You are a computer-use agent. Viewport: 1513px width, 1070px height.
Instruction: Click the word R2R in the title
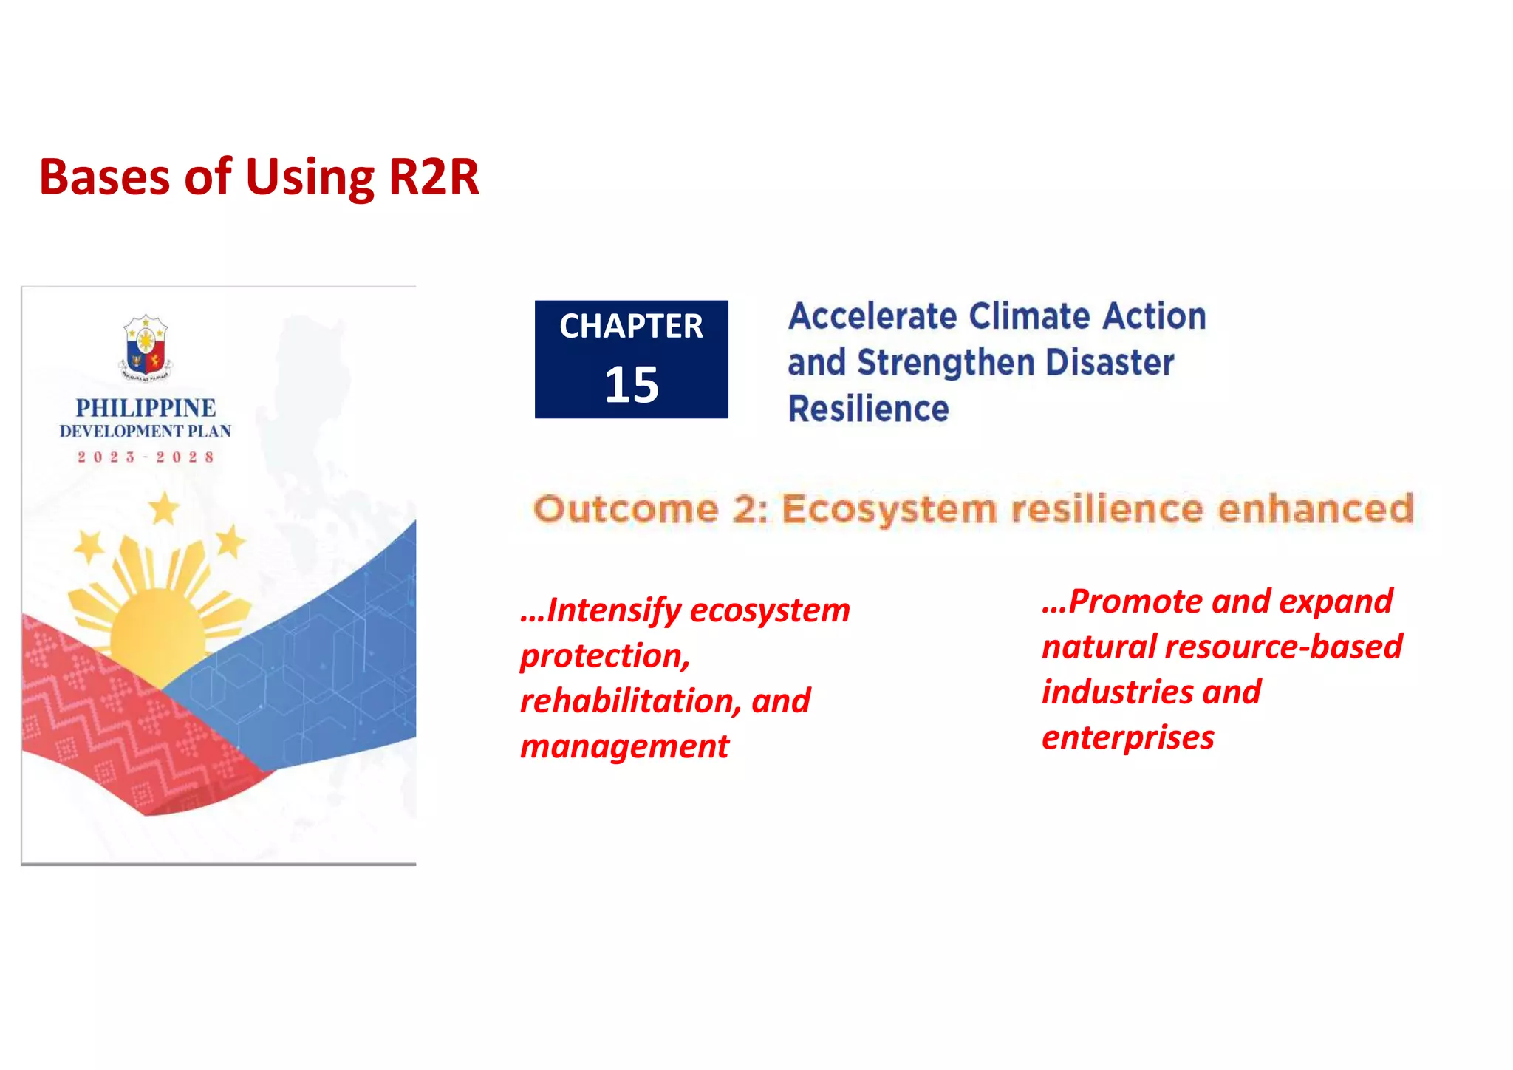click(x=434, y=177)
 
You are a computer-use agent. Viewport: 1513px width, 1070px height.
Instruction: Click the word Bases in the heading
click(x=104, y=177)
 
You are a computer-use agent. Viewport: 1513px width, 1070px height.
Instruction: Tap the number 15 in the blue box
click(x=631, y=385)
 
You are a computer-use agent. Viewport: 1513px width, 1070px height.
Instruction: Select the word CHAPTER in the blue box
click(x=631, y=327)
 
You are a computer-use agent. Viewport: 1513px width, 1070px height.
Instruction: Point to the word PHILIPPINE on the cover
click(x=146, y=408)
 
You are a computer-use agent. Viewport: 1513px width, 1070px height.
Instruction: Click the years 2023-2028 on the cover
click(x=146, y=457)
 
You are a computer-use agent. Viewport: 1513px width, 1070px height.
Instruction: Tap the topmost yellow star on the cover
click(x=164, y=509)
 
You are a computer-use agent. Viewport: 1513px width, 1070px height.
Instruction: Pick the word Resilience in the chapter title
click(x=868, y=409)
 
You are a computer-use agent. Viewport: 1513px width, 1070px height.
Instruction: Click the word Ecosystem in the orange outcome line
click(x=889, y=510)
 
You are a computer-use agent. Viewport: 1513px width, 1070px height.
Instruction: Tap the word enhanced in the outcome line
click(x=1315, y=510)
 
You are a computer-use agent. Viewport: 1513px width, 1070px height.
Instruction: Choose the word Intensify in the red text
click(x=613, y=611)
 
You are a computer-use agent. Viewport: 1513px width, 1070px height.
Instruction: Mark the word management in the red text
click(x=624, y=746)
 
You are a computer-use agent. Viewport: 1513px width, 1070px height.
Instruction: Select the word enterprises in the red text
click(x=1127, y=737)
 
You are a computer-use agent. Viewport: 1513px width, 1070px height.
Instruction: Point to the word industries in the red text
click(x=1117, y=692)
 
